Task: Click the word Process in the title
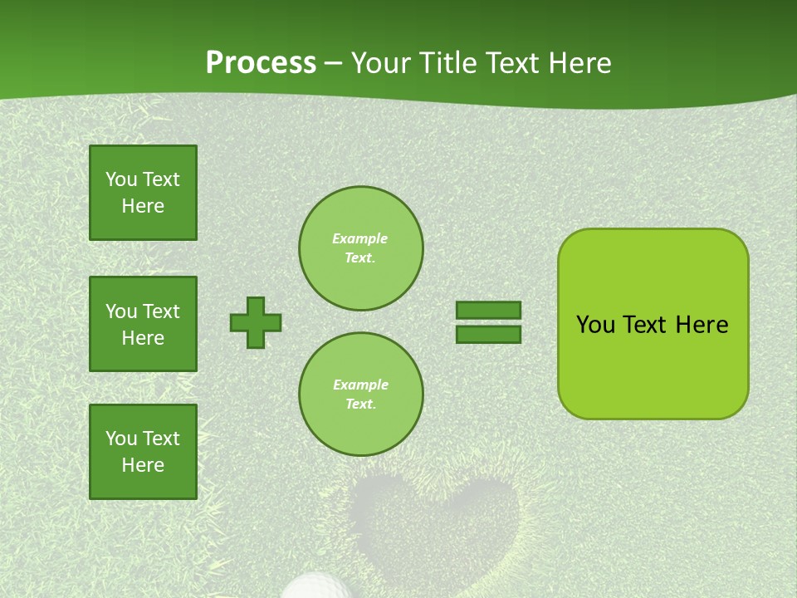[x=261, y=63]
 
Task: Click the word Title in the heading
[x=445, y=63]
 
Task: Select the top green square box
[x=143, y=193]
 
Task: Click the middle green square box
[x=143, y=324]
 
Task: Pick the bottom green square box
[x=143, y=452]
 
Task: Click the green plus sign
[x=256, y=322]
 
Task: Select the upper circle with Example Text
[x=360, y=248]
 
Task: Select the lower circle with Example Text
[x=360, y=395]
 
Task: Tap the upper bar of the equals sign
[x=488, y=310]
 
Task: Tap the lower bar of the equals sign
[x=488, y=334]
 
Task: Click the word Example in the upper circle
[x=360, y=238]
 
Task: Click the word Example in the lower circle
[x=360, y=385]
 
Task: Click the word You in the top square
[x=121, y=179]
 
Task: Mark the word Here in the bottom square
[x=143, y=465]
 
